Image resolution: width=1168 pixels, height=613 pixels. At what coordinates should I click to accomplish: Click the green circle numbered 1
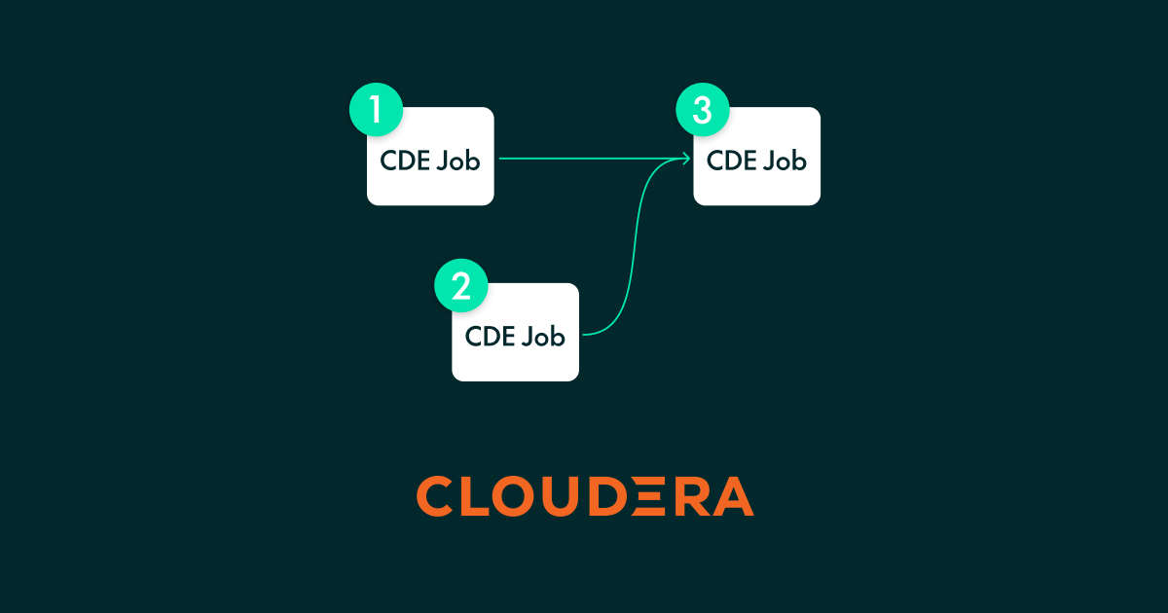pos(376,109)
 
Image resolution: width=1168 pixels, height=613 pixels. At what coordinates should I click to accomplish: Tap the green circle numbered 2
pos(461,286)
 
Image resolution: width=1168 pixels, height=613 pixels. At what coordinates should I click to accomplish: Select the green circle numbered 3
pos(703,109)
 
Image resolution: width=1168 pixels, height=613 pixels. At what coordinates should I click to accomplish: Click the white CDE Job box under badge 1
pos(430,157)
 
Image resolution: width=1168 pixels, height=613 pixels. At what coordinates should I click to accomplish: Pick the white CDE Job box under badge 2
pos(515,332)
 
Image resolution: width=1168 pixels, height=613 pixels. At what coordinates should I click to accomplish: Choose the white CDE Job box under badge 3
pos(756,157)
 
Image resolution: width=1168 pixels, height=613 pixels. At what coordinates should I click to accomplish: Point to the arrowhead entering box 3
pos(687,159)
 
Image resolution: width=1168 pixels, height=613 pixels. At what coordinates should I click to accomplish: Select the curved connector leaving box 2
pos(635,245)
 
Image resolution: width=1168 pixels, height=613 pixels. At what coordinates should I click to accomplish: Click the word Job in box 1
pos(458,161)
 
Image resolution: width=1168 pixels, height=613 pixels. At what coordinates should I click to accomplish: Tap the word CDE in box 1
pos(405,161)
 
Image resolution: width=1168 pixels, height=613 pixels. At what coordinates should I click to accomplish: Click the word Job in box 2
pos(543,337)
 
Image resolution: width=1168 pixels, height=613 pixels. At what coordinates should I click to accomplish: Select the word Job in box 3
pos(785,161)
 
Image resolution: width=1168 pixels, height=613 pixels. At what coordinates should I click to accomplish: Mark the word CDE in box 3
pos(732,161)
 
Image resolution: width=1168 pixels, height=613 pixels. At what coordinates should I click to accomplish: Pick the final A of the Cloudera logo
pos(733,496)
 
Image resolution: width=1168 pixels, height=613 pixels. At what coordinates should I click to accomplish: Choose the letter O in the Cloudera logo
pos(514,495)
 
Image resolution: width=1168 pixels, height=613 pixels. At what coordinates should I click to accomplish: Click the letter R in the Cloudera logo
pos(692,496)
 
